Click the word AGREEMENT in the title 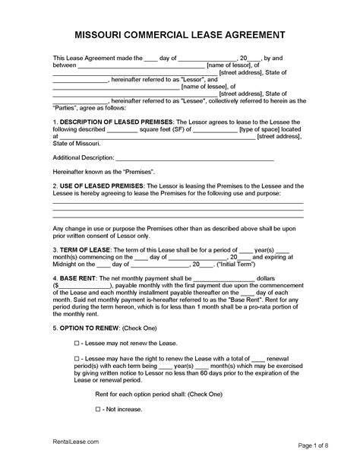(254, 35)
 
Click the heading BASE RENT (81, 278)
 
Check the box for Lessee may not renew (77, 343)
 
